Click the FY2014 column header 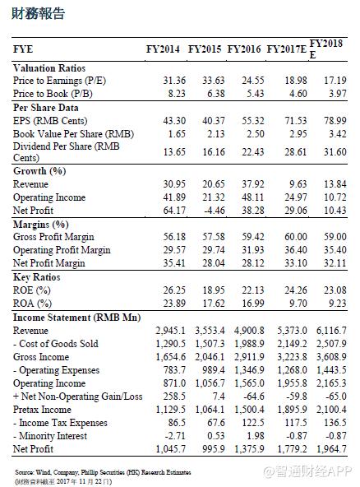tap(163, 49)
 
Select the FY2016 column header tap(244, 49)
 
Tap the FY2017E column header tap(287, 49)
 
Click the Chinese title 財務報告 tap(38, 13)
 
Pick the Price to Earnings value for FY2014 tap(174, 81)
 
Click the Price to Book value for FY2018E tap(338, 94)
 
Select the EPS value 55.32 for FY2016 tap(253, 120)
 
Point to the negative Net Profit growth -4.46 tap(215, 211)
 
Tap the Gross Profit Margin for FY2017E tap(295, 237)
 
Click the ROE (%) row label tap(32, 290)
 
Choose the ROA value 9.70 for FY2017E tap(298, 303)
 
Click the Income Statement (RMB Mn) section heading tap(77, 318)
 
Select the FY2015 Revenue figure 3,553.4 tap(210, 331)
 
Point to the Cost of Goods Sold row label tap(56, 344)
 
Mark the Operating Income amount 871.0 tap(174, 383)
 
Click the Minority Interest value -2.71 tap(175, 436)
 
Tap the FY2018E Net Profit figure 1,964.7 tap(331, 449)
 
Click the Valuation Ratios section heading tap(49, 68)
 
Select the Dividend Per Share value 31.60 tap(335, 152)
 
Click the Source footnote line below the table tap(103, 472)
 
